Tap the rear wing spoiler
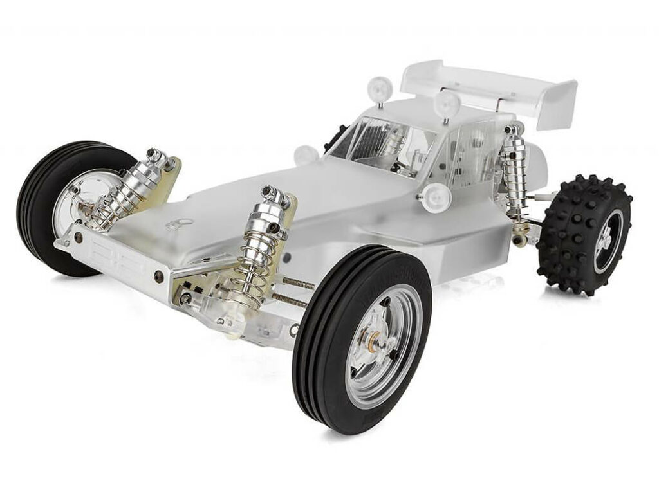point(489,87)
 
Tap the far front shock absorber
point(132,187)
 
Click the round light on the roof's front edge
point(445,103)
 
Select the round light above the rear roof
point(380,87)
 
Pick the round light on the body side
point(438,196)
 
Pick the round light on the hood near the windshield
point(306,155)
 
